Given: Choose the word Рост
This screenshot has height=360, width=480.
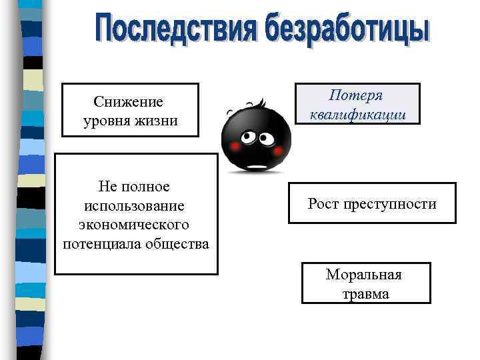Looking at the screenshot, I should coord(323,204).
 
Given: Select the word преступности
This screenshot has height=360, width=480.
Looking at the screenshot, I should coord(390,204).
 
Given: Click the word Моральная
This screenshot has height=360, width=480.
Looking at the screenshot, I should coord(363,274).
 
